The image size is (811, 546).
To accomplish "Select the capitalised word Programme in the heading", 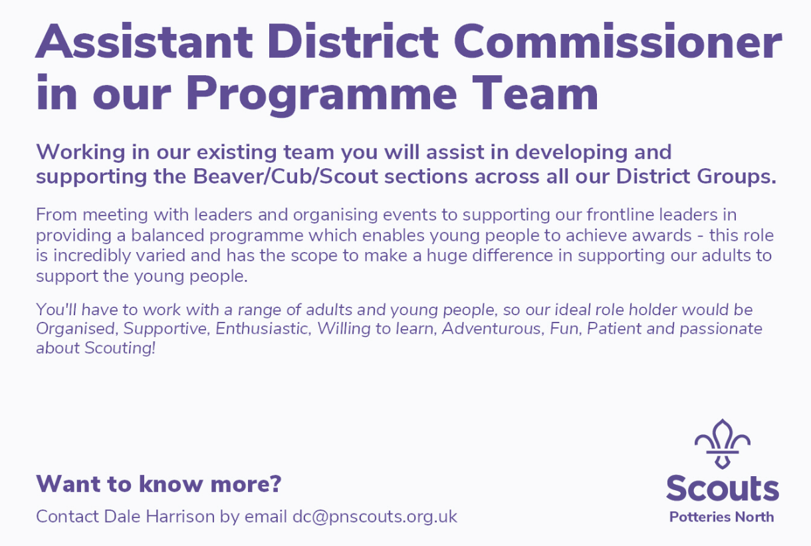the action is tap(322, 95).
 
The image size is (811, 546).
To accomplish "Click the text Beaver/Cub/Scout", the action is tap(286, 176).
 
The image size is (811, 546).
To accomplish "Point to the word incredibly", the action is tap(92, 255).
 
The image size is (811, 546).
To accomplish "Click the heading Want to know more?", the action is tap(159, 483).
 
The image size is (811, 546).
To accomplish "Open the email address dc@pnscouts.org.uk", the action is tap(375, 517).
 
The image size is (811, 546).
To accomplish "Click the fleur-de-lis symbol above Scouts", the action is tap(723, 444).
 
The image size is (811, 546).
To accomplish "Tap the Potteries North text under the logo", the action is tap(721, 517).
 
